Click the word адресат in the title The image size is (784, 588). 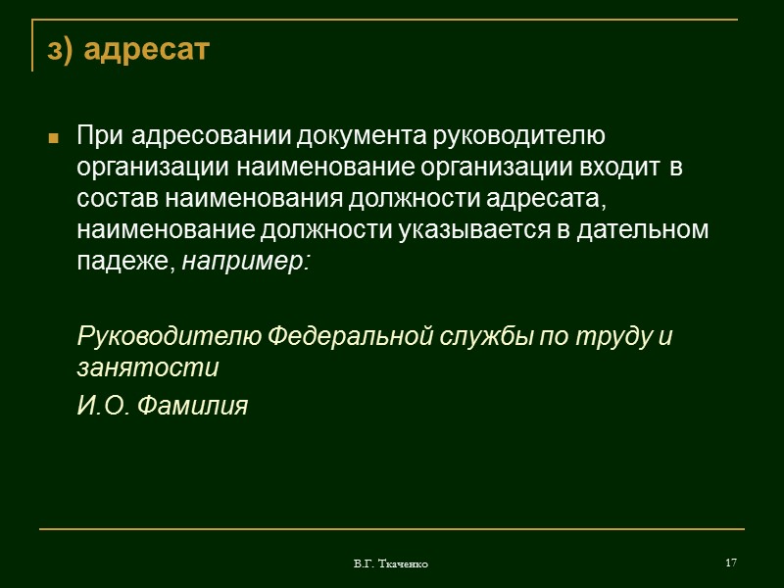(x=148, y=50)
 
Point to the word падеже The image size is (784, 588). (x=124, y=265)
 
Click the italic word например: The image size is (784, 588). (x=246, y=265)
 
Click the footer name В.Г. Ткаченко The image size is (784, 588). (x=391, y=564)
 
